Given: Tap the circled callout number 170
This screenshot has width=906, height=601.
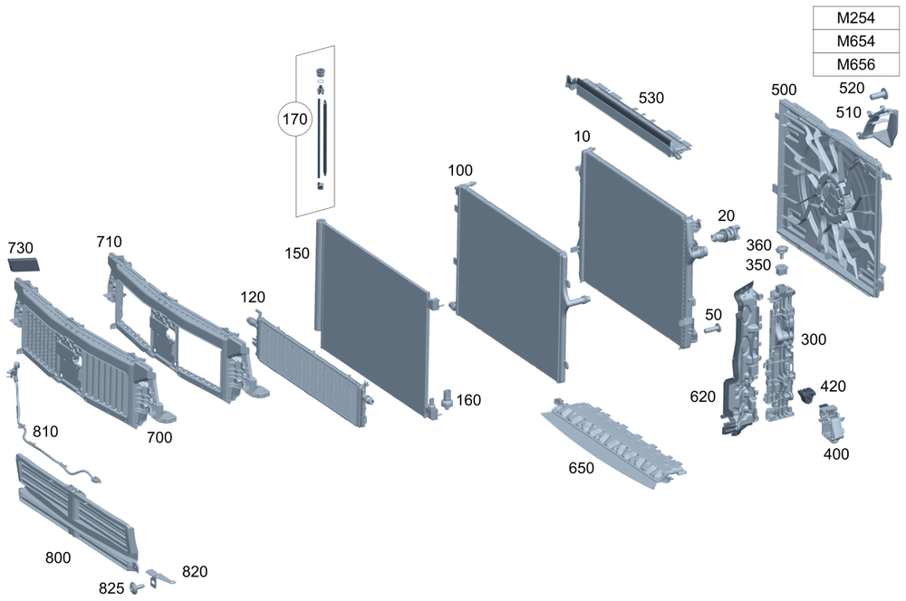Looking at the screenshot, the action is tap(294, 119).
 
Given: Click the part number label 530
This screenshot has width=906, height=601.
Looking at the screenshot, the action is tap(651, 98).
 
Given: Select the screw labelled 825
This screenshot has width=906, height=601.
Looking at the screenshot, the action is tap(139, 587).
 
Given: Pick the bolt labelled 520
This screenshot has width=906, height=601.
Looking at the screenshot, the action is tap(876, 93).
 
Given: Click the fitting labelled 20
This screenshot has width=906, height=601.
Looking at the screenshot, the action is tap(724, 236).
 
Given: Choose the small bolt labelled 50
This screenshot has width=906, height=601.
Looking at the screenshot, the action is tap(712, 328).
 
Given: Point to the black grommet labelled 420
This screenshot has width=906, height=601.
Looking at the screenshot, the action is tap(808, 394).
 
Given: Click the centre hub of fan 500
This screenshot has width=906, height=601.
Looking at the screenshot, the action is tap(828, 196).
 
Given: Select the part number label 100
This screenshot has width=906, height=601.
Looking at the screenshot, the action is tap(460, 170).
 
